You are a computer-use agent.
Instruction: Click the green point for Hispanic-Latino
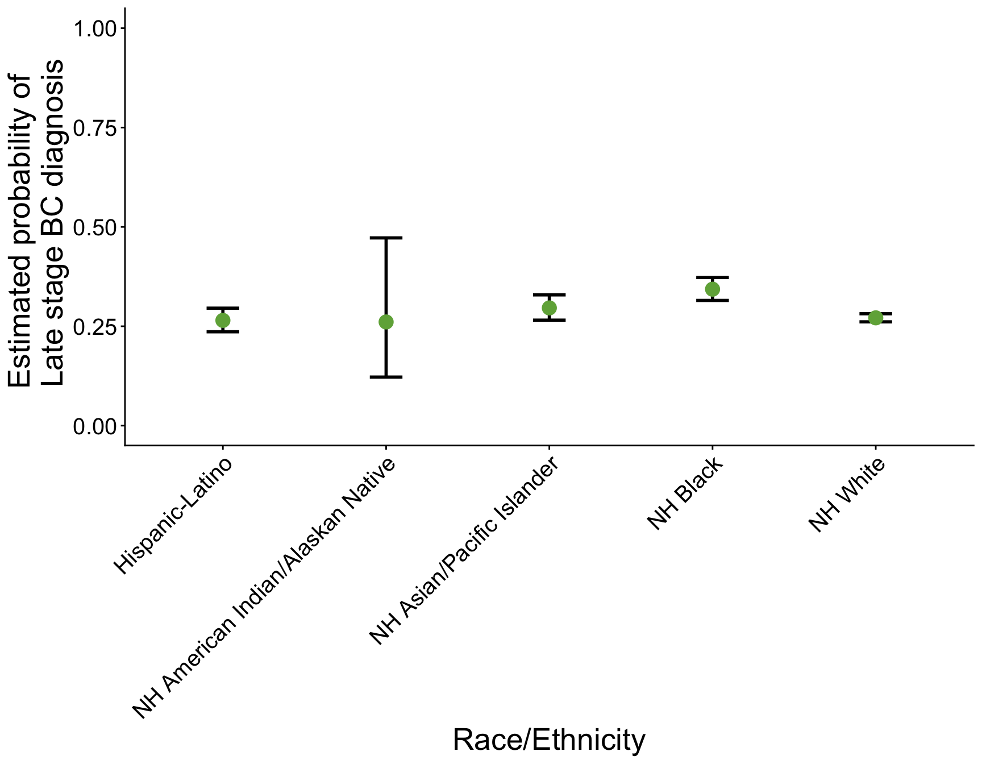223,321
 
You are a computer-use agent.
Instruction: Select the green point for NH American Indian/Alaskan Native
386,322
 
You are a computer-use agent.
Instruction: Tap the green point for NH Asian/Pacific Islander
549,308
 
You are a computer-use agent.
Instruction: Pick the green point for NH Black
712,289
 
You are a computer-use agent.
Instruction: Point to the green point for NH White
875,318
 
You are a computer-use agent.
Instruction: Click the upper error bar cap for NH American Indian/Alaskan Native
386,238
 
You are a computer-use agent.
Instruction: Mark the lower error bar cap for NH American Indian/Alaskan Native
386,377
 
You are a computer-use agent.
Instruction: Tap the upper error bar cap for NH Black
712,277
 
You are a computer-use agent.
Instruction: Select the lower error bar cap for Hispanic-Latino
223,331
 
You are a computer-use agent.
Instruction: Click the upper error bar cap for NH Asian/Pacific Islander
549,295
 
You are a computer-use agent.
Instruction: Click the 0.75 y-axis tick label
95,128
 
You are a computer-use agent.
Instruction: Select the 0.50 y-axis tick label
95,227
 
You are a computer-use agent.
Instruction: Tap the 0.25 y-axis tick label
95,327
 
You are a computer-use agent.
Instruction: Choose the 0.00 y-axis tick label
95,426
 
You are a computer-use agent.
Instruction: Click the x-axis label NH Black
686,493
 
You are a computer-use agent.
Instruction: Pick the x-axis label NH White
847,495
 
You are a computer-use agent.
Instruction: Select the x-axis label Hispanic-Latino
173,517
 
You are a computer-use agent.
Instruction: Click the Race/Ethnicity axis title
549,740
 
